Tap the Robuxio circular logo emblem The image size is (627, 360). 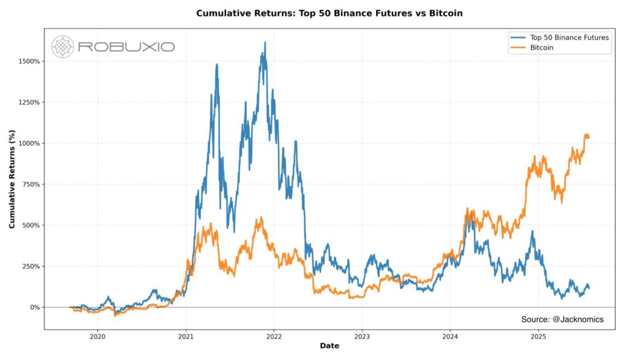point(62,47)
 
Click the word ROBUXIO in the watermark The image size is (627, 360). point(126,47)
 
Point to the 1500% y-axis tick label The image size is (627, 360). point(29,61)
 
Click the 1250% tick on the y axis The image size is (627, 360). point(29,102)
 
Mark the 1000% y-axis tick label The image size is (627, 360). point(29,143)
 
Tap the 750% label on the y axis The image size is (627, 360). point(31,184)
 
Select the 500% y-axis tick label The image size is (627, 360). point(31,225)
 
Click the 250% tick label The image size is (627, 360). point(31,266)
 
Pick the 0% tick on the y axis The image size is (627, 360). point(34,307)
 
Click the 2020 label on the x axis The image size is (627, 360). point(98,336)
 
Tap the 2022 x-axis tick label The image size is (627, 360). point(274,336)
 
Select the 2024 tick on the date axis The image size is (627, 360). point(450,336)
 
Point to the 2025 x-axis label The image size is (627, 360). point(538,336)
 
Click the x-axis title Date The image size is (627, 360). point(329,347)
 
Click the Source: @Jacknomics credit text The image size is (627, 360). point(562,320)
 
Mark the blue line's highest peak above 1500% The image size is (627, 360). point(265,43)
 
